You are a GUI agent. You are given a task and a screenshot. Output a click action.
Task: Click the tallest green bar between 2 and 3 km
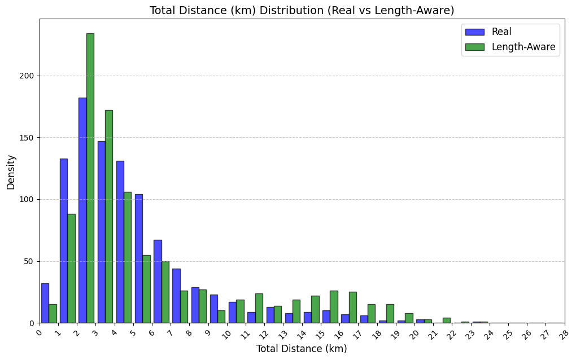click(x=90, y=178)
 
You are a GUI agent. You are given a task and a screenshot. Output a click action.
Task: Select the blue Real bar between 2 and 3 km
click(x=82, y=210)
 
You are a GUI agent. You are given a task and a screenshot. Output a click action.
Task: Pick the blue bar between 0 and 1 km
click(x=45, y=303)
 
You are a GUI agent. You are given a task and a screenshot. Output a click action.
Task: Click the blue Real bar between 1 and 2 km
click(x=63, y=240)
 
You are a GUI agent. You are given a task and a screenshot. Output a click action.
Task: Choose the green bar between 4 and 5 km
click(x=128, y=257)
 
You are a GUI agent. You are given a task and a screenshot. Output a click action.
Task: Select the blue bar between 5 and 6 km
click(x=138, y=258)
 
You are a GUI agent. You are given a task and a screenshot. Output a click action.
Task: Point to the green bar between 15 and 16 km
click(x=334, y=307)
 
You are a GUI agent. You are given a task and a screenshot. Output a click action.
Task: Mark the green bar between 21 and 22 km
click(x=446, y=321)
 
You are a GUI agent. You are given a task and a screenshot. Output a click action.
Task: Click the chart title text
click(x=302, y=11)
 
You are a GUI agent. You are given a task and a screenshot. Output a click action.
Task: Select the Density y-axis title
click(x=11, y=172)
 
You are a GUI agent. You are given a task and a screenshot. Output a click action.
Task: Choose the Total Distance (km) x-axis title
click(x=302, y=349)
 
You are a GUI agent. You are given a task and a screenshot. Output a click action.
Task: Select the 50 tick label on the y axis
click(x=29, y=261)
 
